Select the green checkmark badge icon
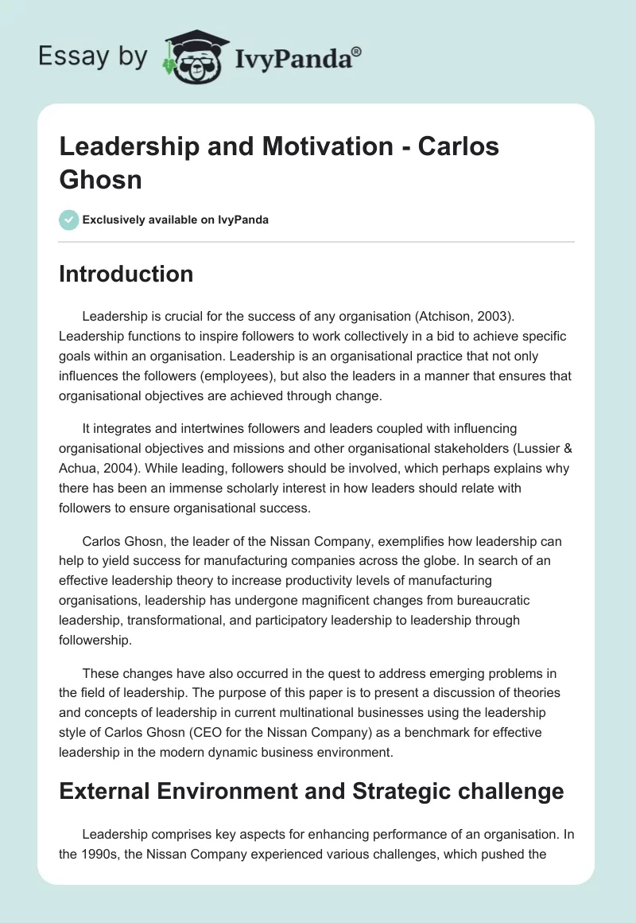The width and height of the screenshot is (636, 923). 69,220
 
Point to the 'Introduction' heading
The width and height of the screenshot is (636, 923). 126,274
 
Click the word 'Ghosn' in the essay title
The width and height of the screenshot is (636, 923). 99,180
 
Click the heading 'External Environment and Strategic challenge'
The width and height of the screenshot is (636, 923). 312,792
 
